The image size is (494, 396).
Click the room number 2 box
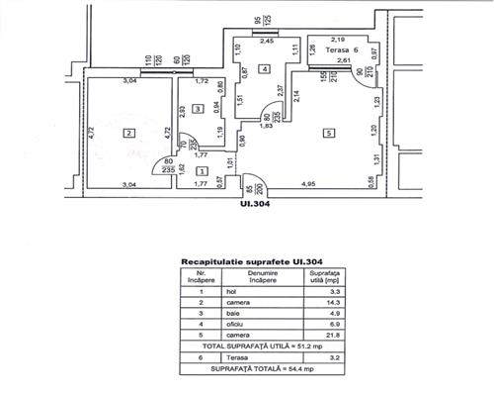pos(128,132)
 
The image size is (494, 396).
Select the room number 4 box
pos(265,68)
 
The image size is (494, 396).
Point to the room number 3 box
pos(198,108)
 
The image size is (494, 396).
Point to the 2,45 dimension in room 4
pos(267,42)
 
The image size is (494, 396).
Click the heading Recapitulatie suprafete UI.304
pos(246,261)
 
